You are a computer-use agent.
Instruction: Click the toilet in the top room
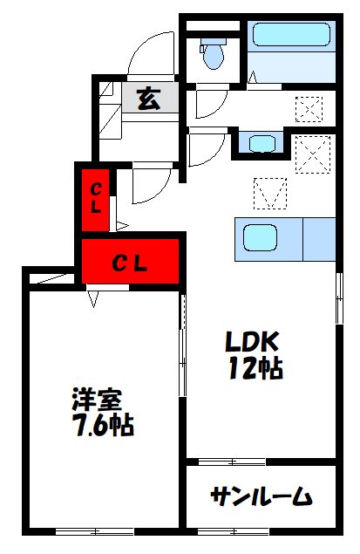click(213, 55)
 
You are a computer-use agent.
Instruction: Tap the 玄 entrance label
click(149, 99)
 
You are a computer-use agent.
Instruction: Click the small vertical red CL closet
click(96, 198)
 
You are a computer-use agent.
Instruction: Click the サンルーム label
click(260, 497)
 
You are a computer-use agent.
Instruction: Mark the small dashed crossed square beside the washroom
click(309, 108)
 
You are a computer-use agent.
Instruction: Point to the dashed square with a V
click(270, 192)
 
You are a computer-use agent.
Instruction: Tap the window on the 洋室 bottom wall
click(94, 530)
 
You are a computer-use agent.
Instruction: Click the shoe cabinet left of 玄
click(109, 109)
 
